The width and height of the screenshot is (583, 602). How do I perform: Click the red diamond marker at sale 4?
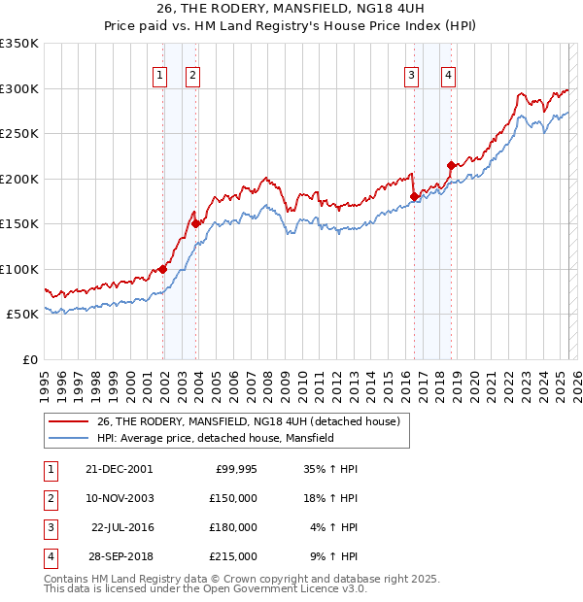[451, 165]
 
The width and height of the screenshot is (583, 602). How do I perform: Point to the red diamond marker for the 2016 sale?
[414, 196]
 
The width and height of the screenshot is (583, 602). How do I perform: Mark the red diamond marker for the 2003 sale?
[196, 223]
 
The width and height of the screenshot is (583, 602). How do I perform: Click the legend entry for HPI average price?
[216, 438]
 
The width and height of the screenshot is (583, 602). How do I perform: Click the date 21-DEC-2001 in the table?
[119, 469]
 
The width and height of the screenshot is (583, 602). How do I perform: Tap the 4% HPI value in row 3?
[332, 527]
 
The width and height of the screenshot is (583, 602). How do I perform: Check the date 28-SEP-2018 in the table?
[119, 556]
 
